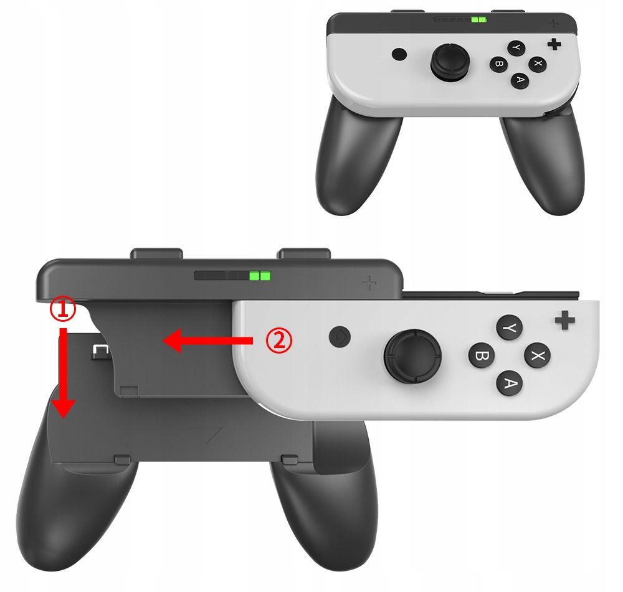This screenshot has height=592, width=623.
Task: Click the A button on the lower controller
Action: [509, 383]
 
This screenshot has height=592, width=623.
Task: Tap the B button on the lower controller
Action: [482, 355]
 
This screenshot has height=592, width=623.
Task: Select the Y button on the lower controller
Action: [509, 327]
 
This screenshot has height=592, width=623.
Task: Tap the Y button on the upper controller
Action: [516, 48]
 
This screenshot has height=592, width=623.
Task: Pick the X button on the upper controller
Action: [537, 63]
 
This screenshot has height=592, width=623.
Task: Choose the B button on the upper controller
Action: [498, 64]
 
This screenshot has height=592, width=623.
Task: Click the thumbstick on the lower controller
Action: [413, 354]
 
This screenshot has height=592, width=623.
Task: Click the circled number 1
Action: [62, 310]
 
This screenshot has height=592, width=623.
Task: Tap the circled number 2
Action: [279, 341]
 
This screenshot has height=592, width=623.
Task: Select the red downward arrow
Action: [63, 372]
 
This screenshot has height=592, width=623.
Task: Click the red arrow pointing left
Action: [208, 341]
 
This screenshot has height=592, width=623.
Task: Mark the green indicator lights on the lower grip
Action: [260, 276]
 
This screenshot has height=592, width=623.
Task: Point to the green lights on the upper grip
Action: [478, 20]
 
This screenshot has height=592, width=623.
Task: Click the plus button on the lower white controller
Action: [564, 320]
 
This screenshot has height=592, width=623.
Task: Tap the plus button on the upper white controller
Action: [554, 45]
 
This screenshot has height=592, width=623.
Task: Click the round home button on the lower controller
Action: [340, 337]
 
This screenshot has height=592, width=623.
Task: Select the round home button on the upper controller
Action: [399, 54]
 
